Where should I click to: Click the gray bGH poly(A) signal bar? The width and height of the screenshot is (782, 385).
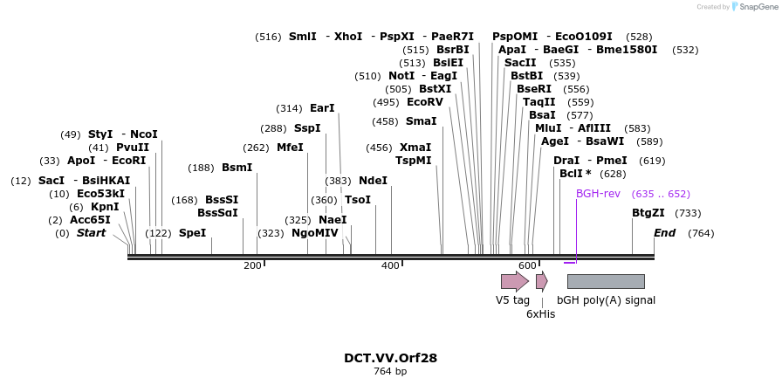(606, 281)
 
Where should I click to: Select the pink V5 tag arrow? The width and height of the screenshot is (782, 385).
(514, 281)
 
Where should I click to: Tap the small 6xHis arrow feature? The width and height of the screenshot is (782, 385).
(542, 281)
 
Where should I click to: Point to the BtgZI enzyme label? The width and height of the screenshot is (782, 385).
(648, 213)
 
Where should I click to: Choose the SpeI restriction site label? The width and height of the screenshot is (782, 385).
(192, 233)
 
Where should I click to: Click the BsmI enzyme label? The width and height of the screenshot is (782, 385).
(237, 168)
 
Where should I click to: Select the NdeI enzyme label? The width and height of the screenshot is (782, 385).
(373, 181)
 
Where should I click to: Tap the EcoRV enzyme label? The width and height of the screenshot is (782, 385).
(425, 102)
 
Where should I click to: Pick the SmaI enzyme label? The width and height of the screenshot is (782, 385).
(422, 121)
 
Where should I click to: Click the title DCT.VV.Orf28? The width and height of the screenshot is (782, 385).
(390, 358)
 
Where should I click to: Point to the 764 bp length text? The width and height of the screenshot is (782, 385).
(390, 372)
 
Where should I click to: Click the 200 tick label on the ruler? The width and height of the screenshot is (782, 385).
(252, 265)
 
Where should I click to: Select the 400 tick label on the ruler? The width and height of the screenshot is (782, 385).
(390, 265)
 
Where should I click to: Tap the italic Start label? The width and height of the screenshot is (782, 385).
(91, 233)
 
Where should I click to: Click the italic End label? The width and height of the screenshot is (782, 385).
(665, 233)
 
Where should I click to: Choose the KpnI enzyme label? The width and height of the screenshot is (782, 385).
(105, 207)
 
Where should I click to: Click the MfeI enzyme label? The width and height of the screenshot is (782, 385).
(290, 148)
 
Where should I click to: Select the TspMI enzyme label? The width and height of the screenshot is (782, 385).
(414, 161)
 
